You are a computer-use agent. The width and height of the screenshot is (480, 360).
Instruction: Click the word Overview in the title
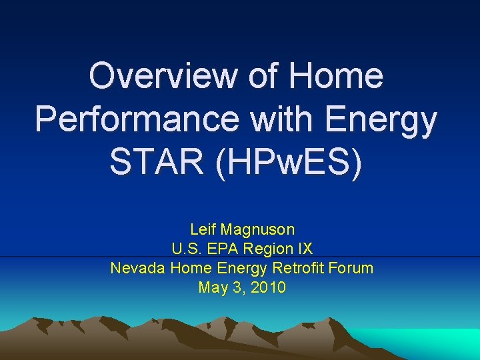pos(161,75)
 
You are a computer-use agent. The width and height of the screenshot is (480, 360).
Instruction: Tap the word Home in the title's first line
pos(337,75)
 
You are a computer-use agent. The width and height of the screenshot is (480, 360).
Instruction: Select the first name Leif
pos(203,230)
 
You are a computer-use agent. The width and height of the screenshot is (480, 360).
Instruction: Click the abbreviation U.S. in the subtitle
pos(186,249)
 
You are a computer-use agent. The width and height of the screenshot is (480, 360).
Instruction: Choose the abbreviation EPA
pos(223,249)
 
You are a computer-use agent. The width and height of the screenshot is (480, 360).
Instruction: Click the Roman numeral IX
pos(304,249)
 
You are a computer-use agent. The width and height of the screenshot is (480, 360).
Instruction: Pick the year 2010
pos(269,288)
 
